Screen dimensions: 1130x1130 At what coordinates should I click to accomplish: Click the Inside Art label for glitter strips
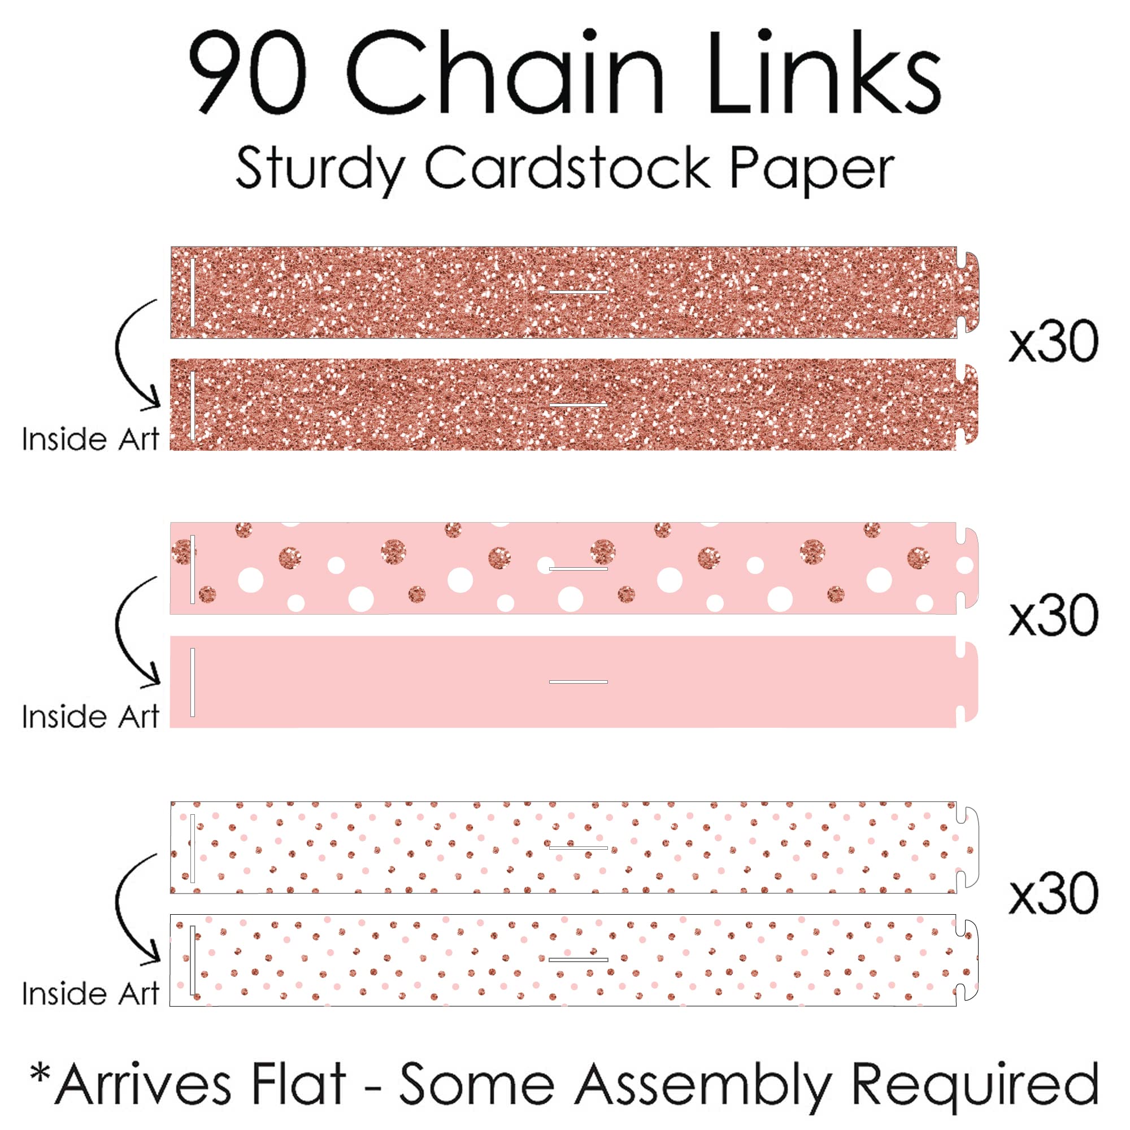pyautogui.click(x=90, y=438)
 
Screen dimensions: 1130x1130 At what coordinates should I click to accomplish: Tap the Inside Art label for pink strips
pyautogui.click(x=90, y=716)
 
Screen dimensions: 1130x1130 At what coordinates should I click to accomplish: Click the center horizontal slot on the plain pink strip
pyautogui.click(x=579, y=682)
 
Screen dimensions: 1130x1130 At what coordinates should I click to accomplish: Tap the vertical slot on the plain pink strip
pyautogui.click(x=193, y=682)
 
